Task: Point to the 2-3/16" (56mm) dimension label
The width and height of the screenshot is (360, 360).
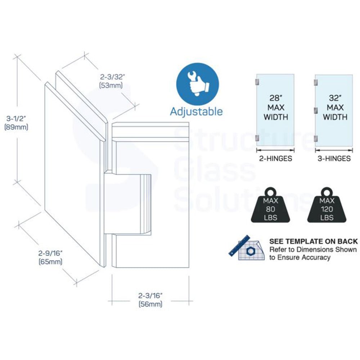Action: coord(150,300)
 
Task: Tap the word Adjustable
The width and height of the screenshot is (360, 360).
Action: coord(196,111)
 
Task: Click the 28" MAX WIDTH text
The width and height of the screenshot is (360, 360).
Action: coord(276,107)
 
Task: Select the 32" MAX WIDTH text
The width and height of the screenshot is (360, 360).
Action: coord(335,107)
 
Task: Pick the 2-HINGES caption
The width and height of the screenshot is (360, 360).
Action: coord(275,158)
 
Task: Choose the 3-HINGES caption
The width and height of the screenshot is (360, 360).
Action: coord(334,158)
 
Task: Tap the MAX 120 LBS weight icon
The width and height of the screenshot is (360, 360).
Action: coord(327,205)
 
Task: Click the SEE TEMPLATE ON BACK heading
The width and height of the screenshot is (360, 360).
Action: coord(313,241)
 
